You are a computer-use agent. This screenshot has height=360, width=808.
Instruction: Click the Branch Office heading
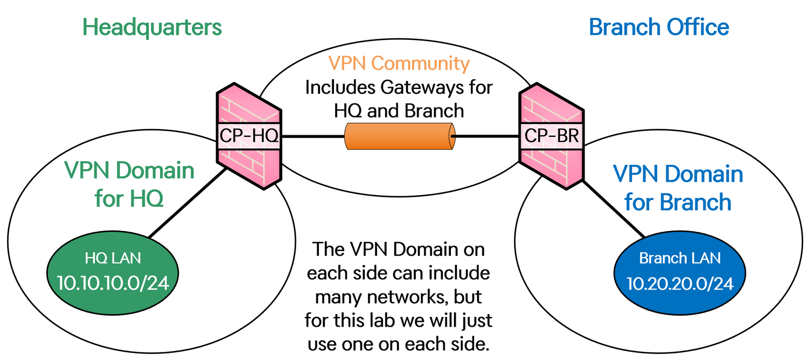click(659, 27)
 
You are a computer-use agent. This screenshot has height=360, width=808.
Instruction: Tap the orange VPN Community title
click(399, 64)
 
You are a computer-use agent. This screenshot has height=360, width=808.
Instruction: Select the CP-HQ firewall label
click(249, 136)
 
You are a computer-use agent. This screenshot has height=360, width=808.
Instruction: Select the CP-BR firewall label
click(551, 136)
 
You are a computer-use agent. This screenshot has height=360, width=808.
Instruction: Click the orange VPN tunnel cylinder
click(400, 136)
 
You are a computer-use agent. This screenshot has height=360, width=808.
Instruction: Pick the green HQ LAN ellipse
click(113, 273)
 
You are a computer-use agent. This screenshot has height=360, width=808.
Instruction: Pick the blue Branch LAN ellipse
click(680, 273)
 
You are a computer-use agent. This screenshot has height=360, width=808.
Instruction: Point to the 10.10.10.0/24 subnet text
click(113, 283)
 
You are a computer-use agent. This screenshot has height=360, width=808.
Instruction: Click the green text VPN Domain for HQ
click(129, 184)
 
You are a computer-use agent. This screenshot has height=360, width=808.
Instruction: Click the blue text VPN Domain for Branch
click(678, 188)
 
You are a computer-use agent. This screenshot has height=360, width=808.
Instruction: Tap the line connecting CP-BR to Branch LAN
click(614, 209)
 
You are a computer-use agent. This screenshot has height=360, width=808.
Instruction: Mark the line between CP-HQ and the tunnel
click(313, 136)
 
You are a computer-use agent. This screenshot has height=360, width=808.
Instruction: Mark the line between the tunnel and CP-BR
click(485, 136)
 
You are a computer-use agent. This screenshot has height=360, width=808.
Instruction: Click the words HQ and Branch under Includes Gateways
click(399, 110)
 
